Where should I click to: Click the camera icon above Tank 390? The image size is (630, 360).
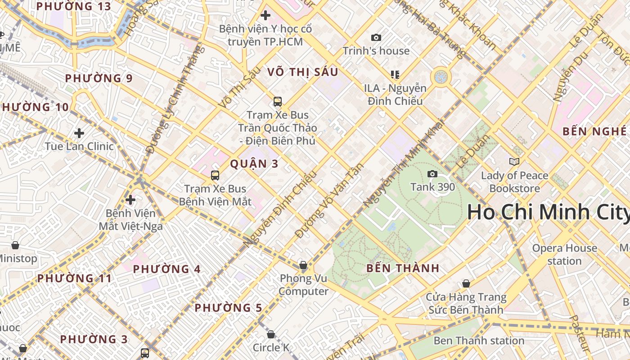pos(432,174)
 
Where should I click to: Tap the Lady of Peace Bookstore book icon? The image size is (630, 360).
pos(514,162)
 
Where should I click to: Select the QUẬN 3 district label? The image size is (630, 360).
pos(254,164)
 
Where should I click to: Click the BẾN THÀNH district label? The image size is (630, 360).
pos(403,268)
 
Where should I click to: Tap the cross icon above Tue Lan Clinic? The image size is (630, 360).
pos(79,133)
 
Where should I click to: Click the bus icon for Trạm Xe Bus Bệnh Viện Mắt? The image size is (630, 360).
pos(215,175)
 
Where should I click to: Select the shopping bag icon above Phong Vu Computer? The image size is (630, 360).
pos(303,265)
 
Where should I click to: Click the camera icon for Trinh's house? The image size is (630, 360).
pos(376,38)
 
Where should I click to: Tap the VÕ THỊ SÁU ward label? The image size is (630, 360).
pos(302,72)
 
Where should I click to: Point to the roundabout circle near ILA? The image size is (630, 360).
pos(441,77)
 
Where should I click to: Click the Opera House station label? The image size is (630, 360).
pos(564,254)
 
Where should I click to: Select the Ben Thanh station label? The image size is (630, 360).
pos(479,341)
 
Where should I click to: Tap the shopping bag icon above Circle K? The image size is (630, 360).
pos(270,334)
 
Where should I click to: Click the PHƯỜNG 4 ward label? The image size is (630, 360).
pos(166,269)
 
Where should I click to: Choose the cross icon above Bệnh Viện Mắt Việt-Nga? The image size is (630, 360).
pos(130,199)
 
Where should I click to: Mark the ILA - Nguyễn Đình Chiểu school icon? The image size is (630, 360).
pos(395,74)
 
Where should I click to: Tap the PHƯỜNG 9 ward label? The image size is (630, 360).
pos(99,78)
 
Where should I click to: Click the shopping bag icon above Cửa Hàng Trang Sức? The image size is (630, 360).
pos(466,283)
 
